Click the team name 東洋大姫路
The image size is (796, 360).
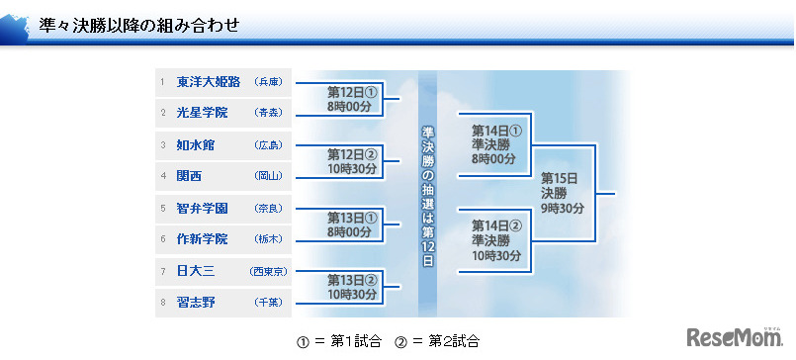pos(208,82)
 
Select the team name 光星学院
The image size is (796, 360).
pos(202,113)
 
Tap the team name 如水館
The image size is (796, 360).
pos(195,145)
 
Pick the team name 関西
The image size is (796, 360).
pos(189,176)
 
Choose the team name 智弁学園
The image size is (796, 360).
pos(202,209)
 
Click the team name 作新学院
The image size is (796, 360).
pos(202,239)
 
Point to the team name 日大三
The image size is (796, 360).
pos(195,271)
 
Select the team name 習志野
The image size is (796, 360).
pos(195,302)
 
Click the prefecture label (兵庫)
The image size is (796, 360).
pos(268,83)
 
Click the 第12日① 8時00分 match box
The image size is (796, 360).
pos(352,99)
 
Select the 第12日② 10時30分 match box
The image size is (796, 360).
pos(352,161)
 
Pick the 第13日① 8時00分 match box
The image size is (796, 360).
pos(352,225)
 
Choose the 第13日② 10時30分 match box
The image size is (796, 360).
pos(352,287)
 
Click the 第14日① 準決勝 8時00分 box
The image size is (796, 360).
pos(495,143)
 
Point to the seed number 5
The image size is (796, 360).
pos(162,209)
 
